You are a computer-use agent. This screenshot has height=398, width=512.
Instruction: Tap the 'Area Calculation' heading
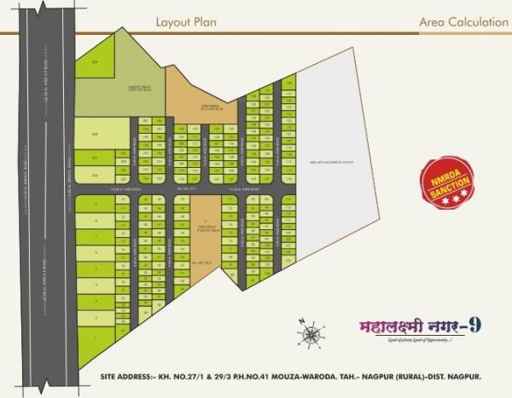[x=463, y=22]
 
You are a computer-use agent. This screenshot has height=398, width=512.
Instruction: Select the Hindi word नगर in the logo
[x=424, y=326]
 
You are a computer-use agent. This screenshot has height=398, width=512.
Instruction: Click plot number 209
[x=96, y=63]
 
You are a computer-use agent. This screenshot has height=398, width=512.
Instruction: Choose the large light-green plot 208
[x=96, y=134]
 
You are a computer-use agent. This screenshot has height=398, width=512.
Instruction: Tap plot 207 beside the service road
[x=96, y=158]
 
